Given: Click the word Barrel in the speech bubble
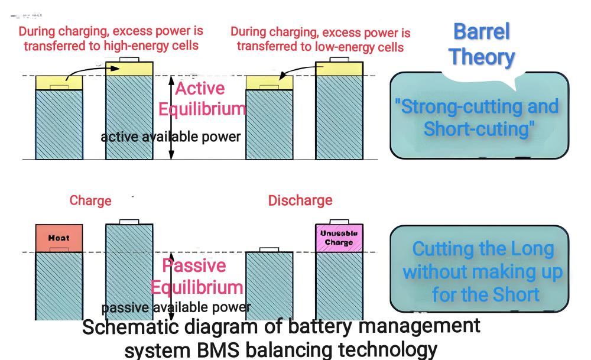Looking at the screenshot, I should (480, 33).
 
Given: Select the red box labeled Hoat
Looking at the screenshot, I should (59, 238).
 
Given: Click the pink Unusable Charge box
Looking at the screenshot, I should (339, 238).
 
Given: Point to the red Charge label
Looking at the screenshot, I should (90, 200).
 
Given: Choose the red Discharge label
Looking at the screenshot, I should (300, 200).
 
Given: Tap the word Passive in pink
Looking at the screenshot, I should (194, 265).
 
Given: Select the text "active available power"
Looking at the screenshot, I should (170, 137).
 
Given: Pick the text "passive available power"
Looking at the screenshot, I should (176, 307).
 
